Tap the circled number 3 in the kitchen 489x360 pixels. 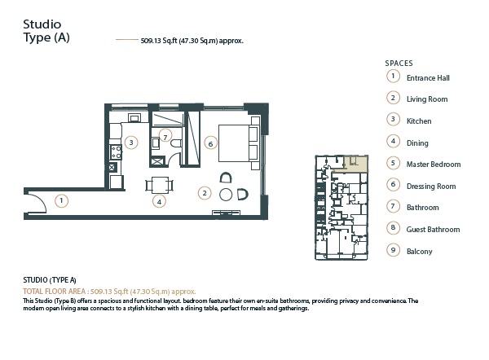[131, 142]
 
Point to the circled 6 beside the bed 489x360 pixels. [210, 143]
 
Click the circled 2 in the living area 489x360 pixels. [205, 193]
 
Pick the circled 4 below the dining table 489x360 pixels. [160, 200]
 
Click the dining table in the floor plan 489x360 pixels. [160, 184]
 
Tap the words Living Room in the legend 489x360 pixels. [427, 99]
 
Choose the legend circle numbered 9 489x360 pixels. [393, 251]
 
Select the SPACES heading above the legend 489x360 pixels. [399, 63]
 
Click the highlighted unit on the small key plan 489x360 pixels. [355, 164]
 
